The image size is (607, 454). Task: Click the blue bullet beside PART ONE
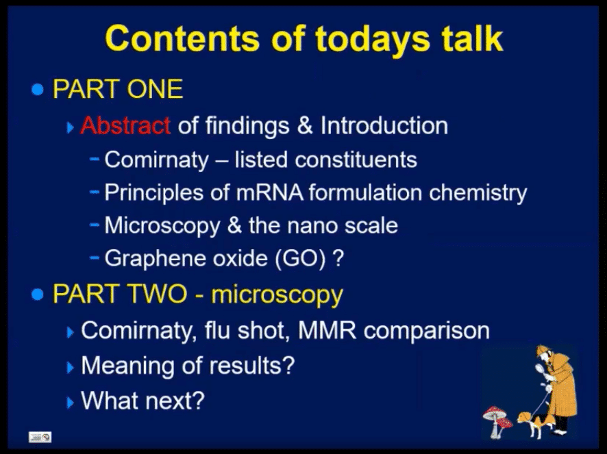coord(38,90)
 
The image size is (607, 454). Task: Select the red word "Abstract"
coord(125,125)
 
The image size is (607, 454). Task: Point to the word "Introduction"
coord(384,125)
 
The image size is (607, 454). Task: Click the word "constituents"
coord(356,160)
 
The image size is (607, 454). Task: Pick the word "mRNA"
coord(269,192)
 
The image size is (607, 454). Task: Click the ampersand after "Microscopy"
coord(234,225)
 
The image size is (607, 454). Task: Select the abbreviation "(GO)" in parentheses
coord(300,259)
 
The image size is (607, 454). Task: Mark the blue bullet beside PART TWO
coord(38,294)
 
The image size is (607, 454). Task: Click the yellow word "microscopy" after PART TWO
coord(277,295)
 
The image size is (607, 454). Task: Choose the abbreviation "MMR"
coord(327,330)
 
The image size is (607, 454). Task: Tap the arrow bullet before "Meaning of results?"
coord(70,366)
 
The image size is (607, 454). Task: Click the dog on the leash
coord(533,423)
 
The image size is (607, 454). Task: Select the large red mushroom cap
coord(495,412)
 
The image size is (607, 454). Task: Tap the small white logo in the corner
coord(40,437)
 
